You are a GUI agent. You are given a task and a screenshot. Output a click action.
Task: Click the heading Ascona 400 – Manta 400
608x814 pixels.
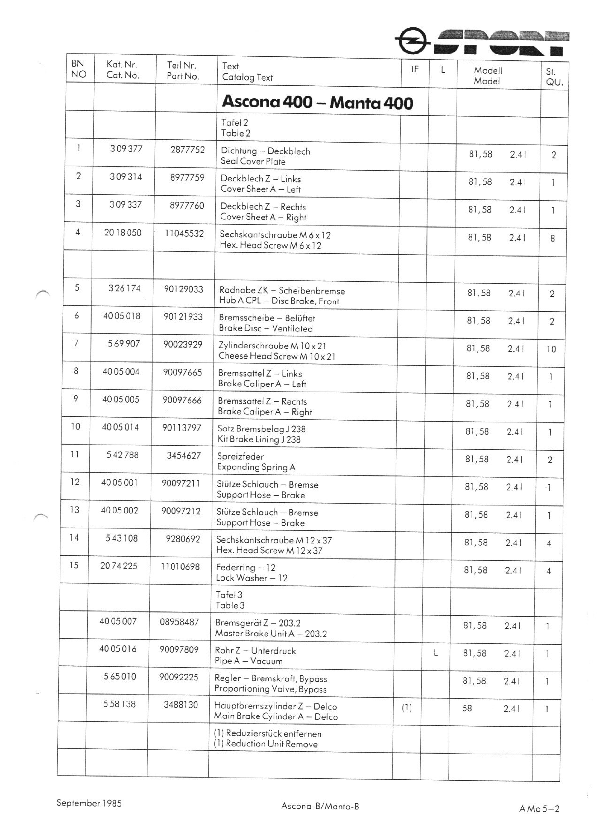tap(317, 102)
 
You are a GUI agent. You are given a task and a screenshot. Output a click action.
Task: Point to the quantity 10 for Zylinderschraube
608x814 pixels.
tap(551, 349)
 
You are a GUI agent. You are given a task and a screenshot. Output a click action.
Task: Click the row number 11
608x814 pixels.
tap(75, 454)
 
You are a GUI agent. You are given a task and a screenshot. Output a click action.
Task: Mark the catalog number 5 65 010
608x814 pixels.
tap(120, 676)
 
